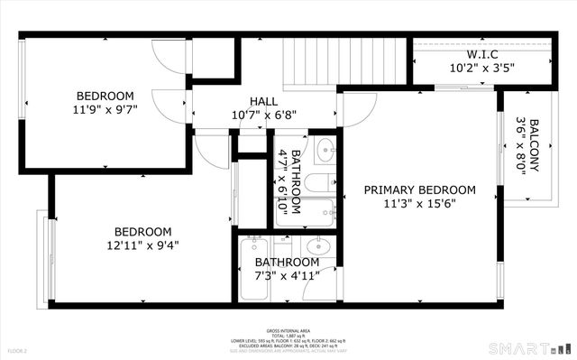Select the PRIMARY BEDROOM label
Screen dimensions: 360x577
[419, 189]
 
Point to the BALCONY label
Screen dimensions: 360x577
[535, 136]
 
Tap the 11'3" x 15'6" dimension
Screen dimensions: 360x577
[419, 205]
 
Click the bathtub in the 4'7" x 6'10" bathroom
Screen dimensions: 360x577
[307, 215]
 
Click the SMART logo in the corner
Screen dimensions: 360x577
[528, 348]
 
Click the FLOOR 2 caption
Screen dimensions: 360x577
[18, 350]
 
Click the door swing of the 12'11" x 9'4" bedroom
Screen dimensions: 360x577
[211, 149]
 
